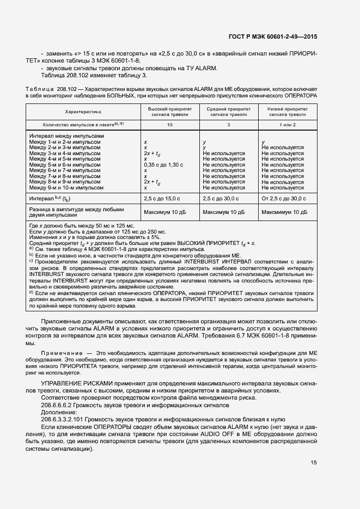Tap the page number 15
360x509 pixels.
tap(314, 463)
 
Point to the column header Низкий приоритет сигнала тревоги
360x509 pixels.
tap(286, 112)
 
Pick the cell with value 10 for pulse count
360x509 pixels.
tap(170, 125)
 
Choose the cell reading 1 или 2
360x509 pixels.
tap(286, 125)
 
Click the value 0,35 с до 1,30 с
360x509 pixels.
tap(163, 164)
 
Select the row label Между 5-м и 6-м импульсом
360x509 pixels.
tap(65, 164)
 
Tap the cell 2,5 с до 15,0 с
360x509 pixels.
tap(162, 199)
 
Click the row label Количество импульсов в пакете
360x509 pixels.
tap(76, 125)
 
